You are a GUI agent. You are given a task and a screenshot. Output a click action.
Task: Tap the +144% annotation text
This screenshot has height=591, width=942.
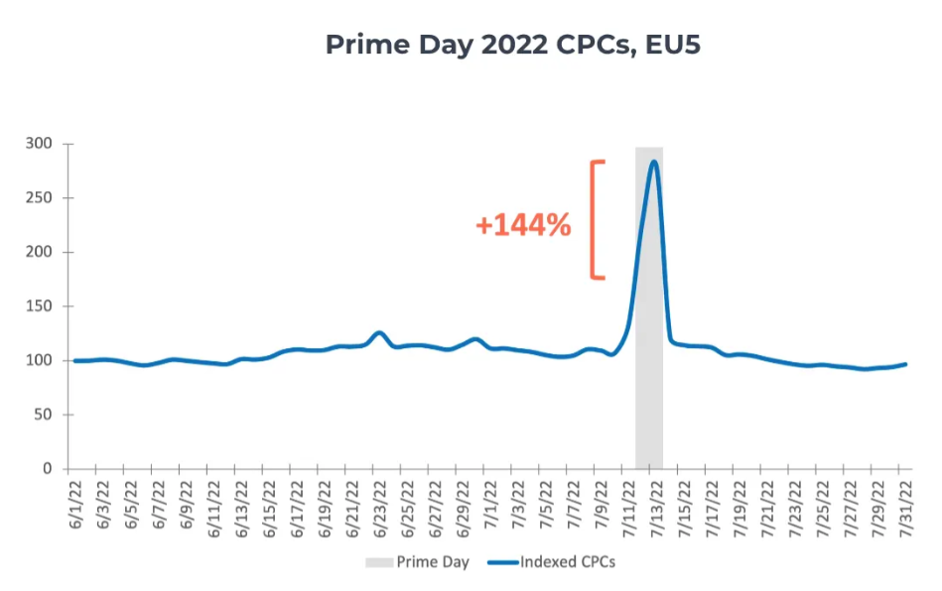point(523,226)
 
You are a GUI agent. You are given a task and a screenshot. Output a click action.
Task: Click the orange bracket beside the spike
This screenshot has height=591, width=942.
point(596,219)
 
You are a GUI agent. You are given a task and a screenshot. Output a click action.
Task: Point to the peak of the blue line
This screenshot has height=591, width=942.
point(653,162)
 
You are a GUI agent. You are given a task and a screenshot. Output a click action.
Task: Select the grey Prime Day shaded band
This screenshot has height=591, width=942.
point(648,397)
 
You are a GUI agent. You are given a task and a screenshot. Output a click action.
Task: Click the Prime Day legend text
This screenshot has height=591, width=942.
point(433,562)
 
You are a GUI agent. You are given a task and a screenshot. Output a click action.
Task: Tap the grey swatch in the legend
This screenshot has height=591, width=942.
point(378,562)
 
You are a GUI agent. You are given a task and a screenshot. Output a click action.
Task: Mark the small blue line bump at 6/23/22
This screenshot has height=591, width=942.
point(378,333)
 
